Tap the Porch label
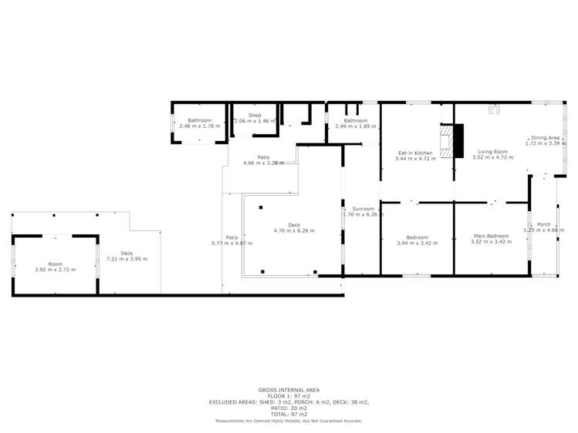(543, 227)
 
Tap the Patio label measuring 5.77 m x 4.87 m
(232, 240)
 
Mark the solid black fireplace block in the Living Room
(458, 141)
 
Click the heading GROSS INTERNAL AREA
(289, 390)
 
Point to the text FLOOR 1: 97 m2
(289, 396)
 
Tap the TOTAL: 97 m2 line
(289, 415)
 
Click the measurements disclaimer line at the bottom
(289, 421)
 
